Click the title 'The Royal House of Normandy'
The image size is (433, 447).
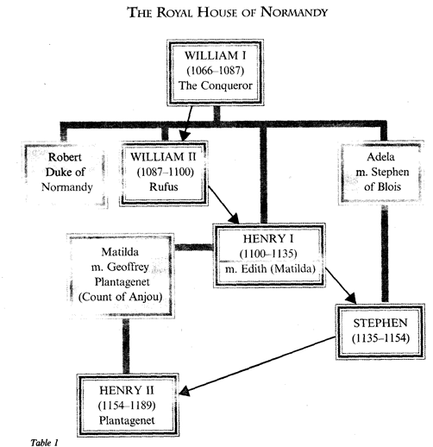tap(216, 13)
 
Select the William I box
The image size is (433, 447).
tap(216, 75)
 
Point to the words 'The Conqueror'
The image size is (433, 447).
tap(216, 91)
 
